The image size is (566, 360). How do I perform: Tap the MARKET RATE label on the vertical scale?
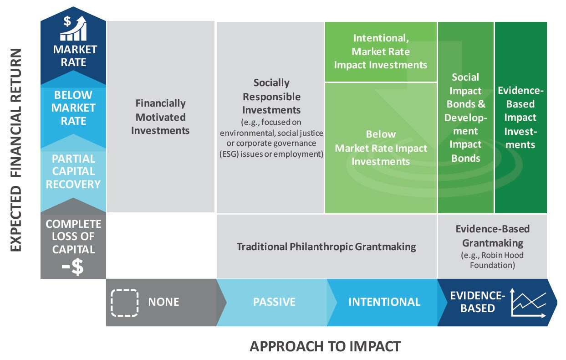tap(74, 55)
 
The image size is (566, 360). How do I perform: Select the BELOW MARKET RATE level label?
tap(73, 108)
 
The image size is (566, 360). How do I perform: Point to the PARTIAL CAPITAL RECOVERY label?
tap(73, 171)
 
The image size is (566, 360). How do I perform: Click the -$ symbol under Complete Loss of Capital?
tap(73, 267)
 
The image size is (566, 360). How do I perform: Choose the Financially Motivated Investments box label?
tap(160, 117)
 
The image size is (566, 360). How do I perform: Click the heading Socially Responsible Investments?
tap(271, 96)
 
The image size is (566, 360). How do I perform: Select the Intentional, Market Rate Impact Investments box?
tap(381, 51)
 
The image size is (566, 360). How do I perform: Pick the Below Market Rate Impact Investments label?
tap(381, 148)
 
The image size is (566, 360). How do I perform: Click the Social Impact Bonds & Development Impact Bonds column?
tap(465, 118)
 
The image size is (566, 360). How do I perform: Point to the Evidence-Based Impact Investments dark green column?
tap(520, 118)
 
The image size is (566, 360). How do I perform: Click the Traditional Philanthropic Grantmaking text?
tap(326, 247)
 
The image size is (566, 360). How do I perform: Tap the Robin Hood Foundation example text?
tap(492, 260)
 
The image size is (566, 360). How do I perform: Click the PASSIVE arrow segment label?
tap(274, 302)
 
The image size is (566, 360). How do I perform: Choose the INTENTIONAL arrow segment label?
tap(384, 302)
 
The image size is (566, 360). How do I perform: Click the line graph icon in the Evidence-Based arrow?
tap(529, 303)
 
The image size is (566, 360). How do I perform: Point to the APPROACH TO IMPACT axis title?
tap(325, 346)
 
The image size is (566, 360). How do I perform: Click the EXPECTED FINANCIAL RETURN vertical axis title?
tap(16, 150)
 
